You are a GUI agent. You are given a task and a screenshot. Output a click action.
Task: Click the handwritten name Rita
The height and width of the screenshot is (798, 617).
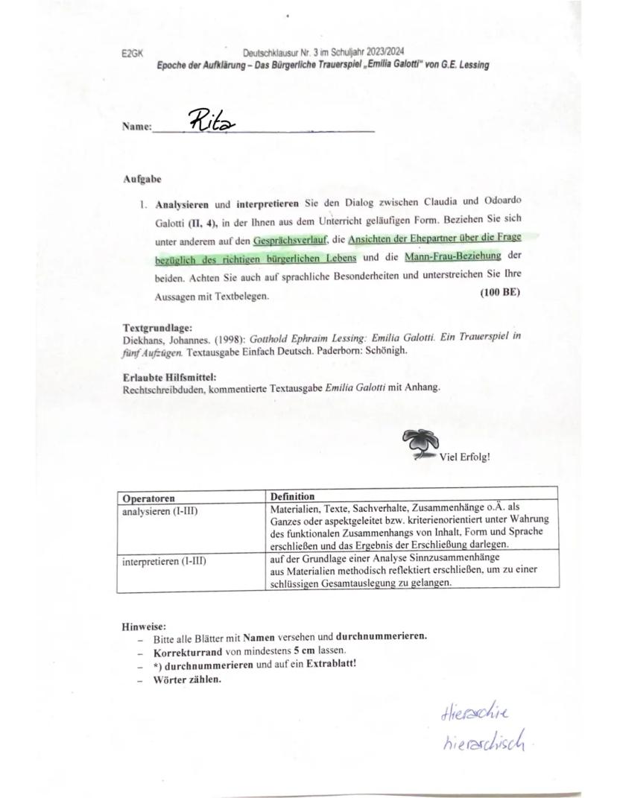(212, 120)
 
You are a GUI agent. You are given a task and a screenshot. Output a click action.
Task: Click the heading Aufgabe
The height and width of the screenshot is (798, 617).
(142, 180)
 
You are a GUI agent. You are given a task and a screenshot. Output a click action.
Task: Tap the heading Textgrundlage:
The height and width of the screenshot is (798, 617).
(158, 327)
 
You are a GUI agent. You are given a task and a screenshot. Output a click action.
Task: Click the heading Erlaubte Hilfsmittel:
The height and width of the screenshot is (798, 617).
(169, 377)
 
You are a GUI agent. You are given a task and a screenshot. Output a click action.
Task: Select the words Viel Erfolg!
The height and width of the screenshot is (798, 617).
(465, 457)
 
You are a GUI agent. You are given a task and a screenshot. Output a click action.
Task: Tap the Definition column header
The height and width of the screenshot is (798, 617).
(292, 496)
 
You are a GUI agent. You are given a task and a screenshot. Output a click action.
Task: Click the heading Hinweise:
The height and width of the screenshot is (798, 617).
(143, 627)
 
